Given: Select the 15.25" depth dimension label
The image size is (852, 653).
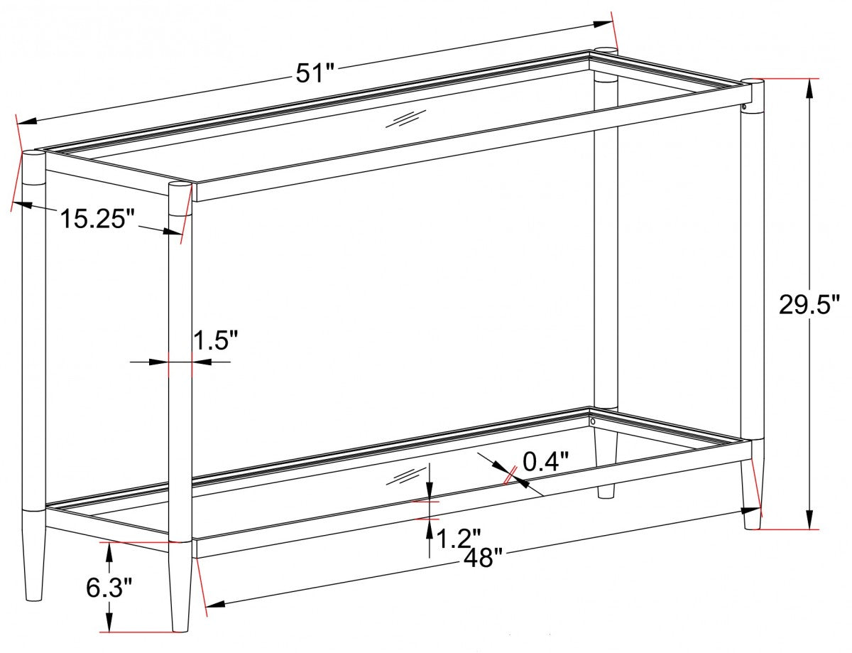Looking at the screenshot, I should tap(97, 218).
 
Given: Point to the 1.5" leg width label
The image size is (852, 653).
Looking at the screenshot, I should tap(216, 341).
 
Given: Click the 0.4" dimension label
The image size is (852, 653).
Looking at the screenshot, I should tap(547, 461).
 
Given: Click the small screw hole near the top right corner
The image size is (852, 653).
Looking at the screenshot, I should tap(743, 108).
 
